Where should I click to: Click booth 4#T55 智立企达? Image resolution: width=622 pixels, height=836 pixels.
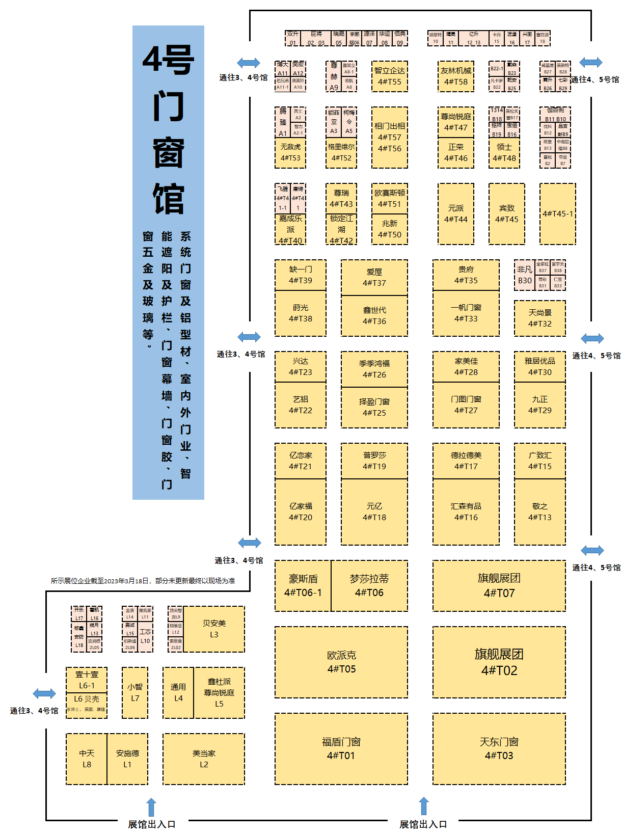tap(390, 76)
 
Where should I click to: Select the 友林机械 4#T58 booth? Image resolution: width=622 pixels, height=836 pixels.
tap(456, 76)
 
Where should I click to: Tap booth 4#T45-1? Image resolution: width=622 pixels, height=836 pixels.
tap(558, 214)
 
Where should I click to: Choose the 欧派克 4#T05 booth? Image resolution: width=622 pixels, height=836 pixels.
tap(341, 662)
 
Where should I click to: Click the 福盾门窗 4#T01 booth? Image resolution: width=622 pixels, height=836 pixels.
tap(341, 749)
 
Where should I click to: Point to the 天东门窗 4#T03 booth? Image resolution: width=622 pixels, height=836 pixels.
tap(499, 749)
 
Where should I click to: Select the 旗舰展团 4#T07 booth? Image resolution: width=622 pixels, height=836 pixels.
tap(499, 586)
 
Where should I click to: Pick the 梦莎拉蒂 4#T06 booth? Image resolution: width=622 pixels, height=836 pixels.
tap(369, 586)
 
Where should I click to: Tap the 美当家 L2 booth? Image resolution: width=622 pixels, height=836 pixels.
tap(204, 759)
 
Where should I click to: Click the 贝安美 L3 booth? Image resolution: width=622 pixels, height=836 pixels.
tap(214, 629)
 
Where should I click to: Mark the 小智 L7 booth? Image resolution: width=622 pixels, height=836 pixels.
tap(135, 693)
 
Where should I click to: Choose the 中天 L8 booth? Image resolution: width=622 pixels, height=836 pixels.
tap(87, 759)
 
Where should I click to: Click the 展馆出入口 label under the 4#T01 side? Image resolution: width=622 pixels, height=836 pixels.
tap(423, 824)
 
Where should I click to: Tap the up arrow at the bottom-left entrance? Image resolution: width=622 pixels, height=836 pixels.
tap(151, 807)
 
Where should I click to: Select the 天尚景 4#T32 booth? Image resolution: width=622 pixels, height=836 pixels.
tap(540, 318)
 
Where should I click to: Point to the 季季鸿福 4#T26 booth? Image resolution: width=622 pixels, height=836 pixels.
tap(374, 369)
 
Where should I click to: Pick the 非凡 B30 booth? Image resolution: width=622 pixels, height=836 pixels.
tap(525, 275)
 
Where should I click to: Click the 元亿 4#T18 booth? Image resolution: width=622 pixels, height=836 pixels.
tap(374, 512)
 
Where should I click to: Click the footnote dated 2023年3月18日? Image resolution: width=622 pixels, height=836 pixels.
tap(143, 581)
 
